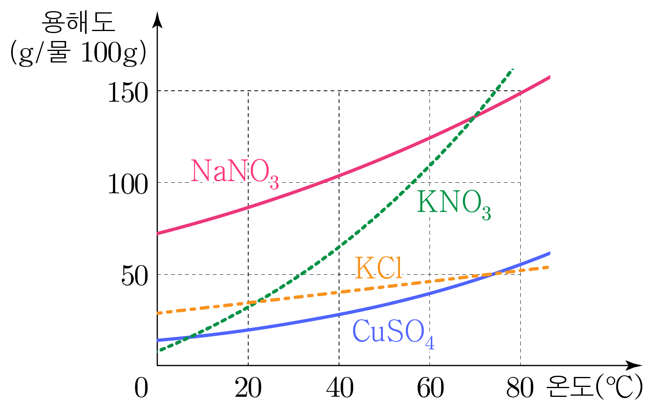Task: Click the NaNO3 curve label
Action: coord(234,172)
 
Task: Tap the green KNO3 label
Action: coord(453,204)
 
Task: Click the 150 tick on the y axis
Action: coord(128,94)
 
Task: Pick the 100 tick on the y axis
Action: coord(128,185)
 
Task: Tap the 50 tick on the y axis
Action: coord(135,277)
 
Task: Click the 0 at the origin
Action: coord(141,388)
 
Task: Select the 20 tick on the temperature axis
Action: coord(248,388)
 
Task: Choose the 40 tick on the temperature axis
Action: coord(339,388)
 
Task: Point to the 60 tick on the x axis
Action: coord(430,388)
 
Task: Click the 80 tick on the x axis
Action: coord(520,388)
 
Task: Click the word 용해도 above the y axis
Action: coord(78,22)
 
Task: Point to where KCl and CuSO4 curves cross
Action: coord(493,274)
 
